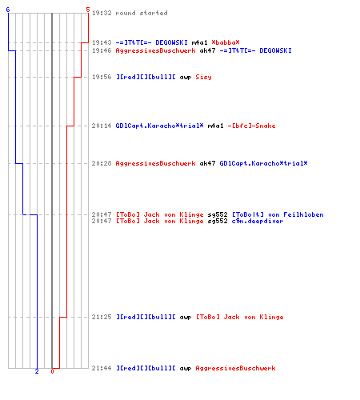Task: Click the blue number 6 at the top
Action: (8, 10)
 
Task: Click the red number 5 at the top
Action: (88, 10)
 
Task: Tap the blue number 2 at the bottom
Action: (37, 371)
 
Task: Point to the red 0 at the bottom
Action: (52, 371)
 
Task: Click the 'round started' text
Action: (142, 13)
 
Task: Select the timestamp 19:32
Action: (102, 13)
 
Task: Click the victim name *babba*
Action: (226, 42)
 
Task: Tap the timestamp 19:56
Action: (102, 77)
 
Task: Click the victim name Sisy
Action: (203, 78)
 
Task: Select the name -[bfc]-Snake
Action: (251, 126)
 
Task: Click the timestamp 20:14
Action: (102, 126)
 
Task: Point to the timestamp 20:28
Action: (102, 163)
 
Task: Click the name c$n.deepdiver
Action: (258, 221)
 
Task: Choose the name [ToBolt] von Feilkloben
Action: (278, 214)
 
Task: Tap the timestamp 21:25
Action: (102, 317)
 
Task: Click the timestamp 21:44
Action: (102, 368)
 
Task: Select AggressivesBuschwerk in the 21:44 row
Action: (235, 369)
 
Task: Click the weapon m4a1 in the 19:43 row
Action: (199, 42)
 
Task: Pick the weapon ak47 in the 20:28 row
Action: (207, 163)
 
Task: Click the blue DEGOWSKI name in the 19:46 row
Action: (275, 50)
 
